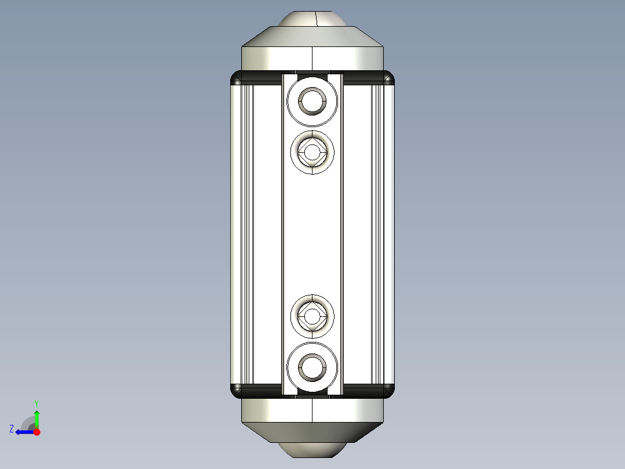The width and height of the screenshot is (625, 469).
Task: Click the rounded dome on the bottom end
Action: click(312, 450)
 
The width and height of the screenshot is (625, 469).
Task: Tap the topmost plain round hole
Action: click(312, 102)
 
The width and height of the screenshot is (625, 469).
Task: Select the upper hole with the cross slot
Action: click(312, 153)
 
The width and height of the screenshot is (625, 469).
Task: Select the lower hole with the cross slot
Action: click(312, 316)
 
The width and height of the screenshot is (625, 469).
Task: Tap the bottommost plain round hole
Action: click(312, 367)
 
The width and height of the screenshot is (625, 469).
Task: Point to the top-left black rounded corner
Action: click(236, 77)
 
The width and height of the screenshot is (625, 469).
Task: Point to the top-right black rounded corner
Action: click(389, 77)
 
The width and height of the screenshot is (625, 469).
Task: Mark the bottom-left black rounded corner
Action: click(236, 391)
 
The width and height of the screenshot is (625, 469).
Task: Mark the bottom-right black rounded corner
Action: click(389, 391)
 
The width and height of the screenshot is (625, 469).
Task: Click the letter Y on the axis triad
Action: click(36, 403)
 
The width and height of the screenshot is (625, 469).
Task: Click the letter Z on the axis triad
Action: click(12, 429)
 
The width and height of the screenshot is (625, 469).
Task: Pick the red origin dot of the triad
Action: click(37, 432)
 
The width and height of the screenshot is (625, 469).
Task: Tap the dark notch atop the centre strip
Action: click(312, 74)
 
